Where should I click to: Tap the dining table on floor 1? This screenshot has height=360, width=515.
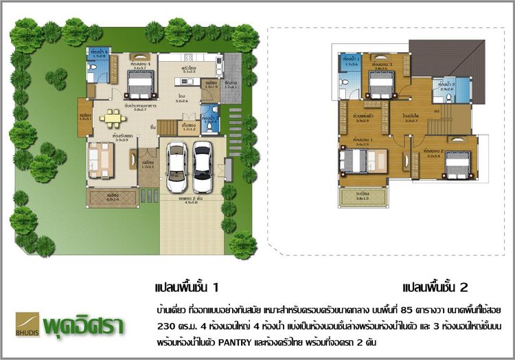point(112,118)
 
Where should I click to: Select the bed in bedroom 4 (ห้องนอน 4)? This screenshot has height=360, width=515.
point(140,85)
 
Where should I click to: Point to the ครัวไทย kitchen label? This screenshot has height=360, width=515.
point(190,69)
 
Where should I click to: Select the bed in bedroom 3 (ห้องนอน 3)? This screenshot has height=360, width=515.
point(379,86)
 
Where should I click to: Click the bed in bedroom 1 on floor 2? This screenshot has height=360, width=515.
point(356,162)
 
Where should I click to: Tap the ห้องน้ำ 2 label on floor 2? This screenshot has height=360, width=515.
point(448,85)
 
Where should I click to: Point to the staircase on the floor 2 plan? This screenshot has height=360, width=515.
point(435,126)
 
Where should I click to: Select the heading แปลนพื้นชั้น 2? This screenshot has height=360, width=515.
point(435,286)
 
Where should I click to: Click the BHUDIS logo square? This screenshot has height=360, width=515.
point(27,323)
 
